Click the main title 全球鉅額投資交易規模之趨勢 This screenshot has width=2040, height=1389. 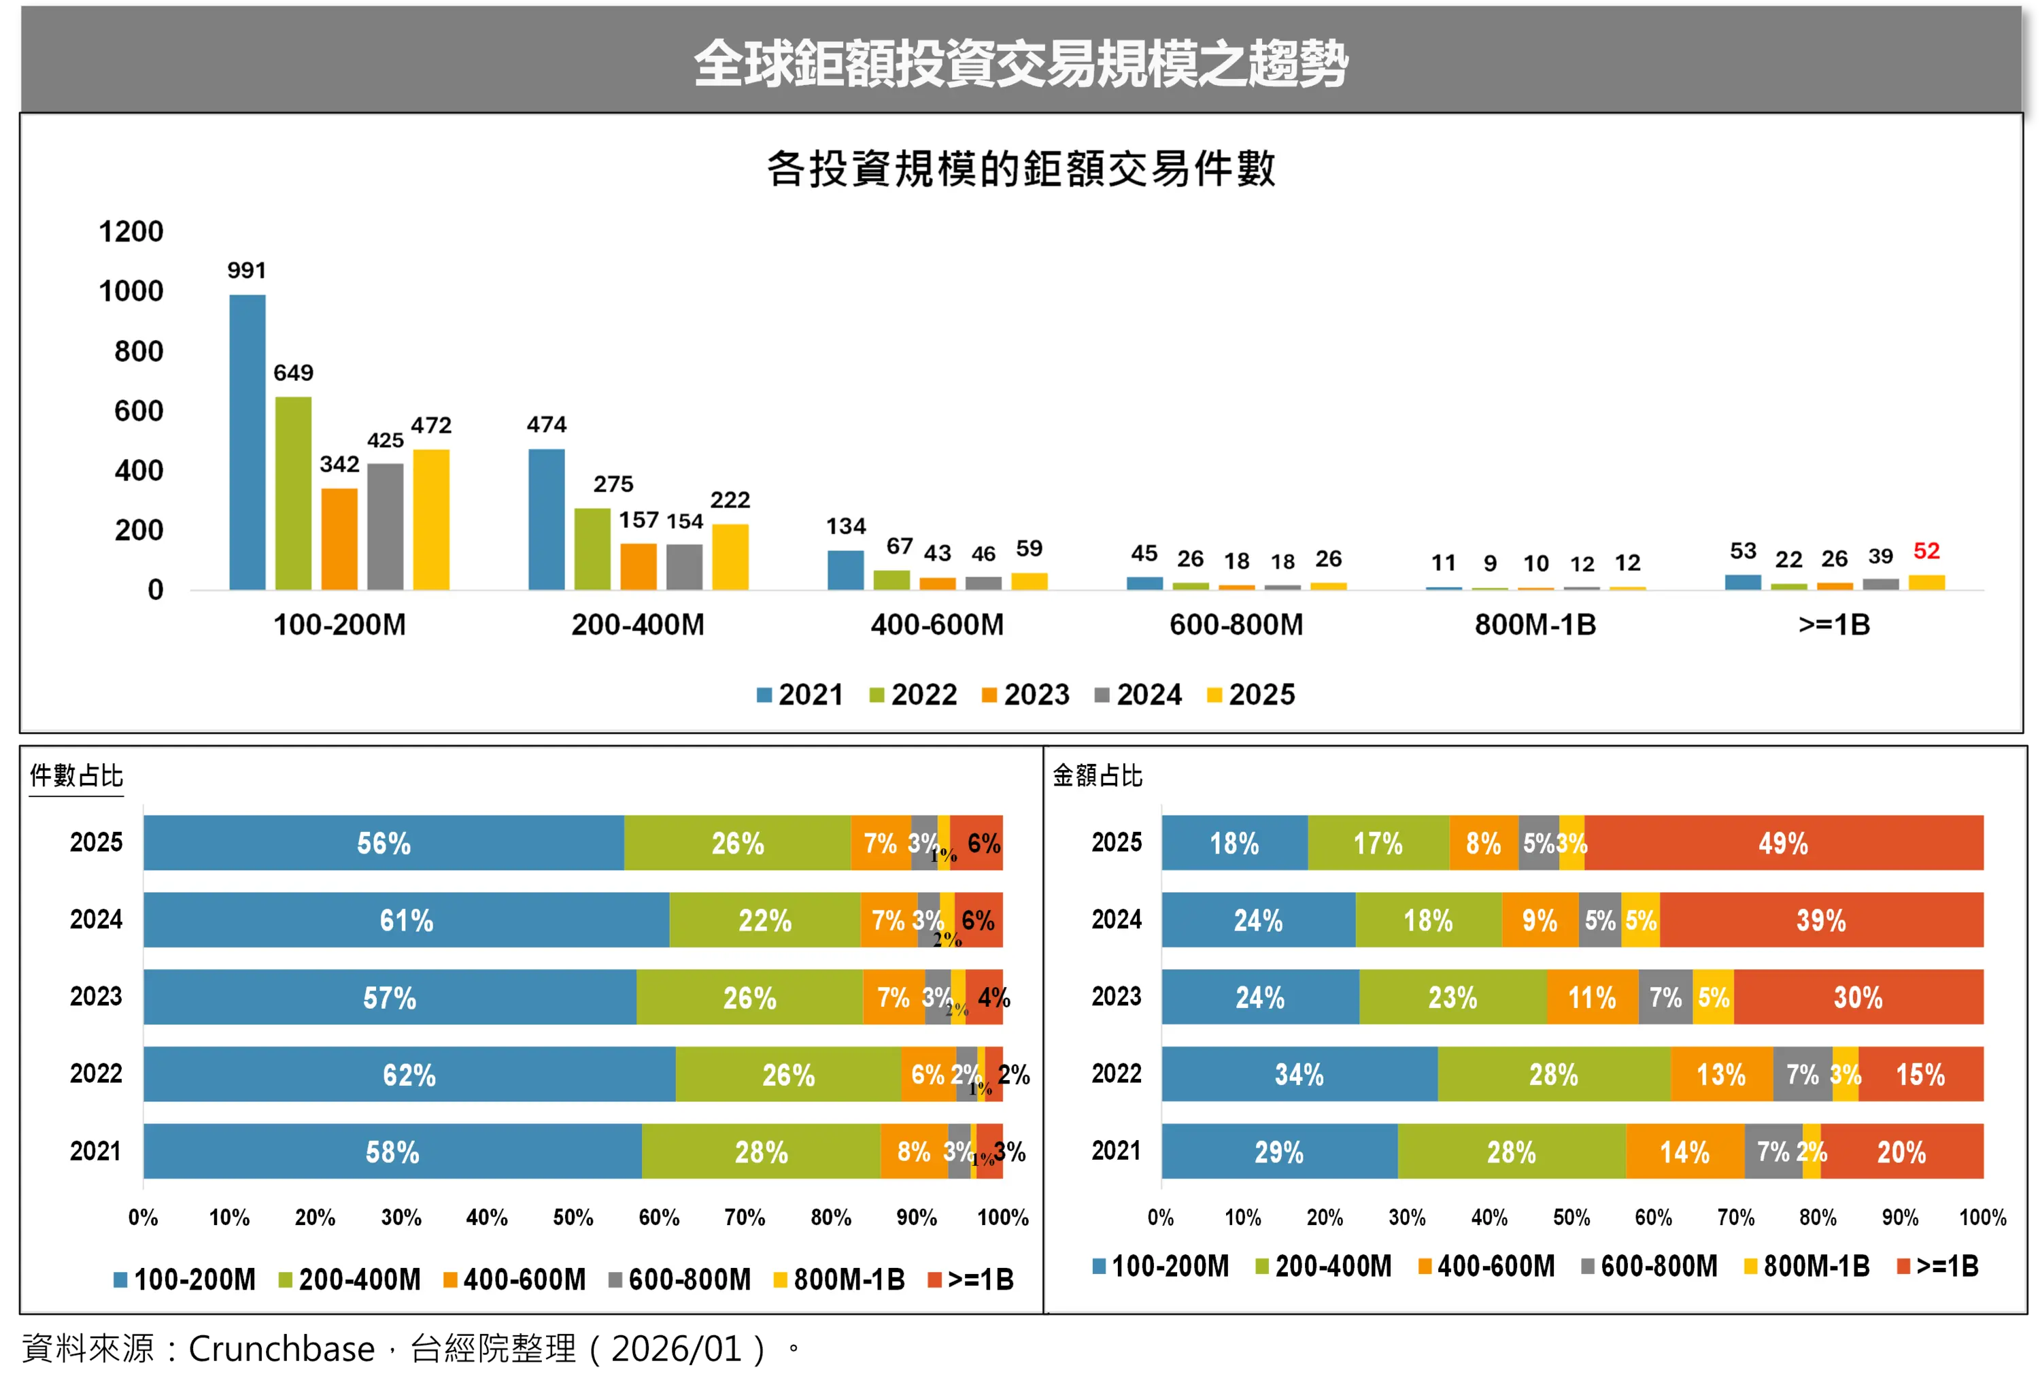(1020, 63)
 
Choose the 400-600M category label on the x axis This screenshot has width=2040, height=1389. (936, 624)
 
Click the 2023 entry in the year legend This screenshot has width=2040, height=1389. (1025, 694)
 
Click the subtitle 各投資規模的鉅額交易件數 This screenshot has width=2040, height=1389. (1020, 169)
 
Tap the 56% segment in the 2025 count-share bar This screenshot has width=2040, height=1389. (384, 843)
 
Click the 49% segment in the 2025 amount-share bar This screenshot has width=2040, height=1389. (1783, 843)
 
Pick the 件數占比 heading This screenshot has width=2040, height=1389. (76, 775)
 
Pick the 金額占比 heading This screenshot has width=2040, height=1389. (1098, 775)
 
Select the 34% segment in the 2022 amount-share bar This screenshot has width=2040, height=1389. (1299, 1074)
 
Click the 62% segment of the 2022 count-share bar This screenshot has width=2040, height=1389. (409, 1074)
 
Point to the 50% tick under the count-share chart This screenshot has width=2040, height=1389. (573, 1217)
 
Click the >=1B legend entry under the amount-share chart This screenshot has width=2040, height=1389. (1937, 1266)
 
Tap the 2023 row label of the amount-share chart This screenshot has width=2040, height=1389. (1116, 997)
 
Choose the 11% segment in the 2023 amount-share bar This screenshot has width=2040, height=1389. (1591, 997)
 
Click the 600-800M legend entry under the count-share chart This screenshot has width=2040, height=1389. (679, 1279)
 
